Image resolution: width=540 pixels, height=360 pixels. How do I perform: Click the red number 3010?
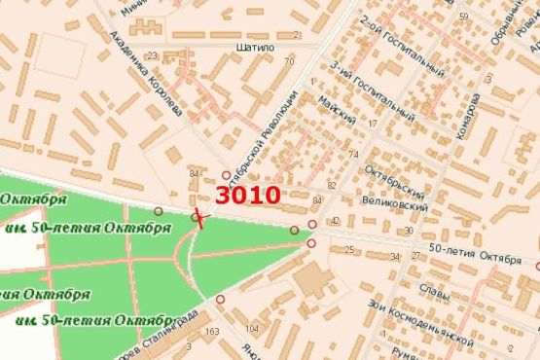pos(248,195)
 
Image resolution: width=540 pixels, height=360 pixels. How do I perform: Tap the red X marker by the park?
pos(198,218)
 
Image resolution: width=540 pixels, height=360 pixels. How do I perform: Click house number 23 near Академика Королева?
pos(152,56)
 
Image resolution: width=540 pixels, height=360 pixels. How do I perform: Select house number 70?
pos(289,61)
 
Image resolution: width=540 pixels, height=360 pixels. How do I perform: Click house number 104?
pos(253,328)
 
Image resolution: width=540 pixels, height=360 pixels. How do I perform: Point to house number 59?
pos(464,18)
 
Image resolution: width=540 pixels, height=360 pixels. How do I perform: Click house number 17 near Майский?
pos(373,124)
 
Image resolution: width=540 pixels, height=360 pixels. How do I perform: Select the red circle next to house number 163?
pos(220,299)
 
